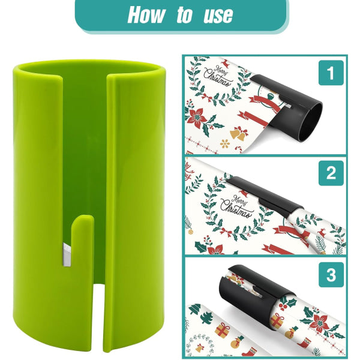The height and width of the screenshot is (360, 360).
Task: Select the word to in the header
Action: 184,16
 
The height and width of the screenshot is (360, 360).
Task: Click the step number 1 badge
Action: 330,74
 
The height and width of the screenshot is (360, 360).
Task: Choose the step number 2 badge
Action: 330,174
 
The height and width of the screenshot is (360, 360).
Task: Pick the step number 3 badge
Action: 330,275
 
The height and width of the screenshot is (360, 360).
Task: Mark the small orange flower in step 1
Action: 226,144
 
